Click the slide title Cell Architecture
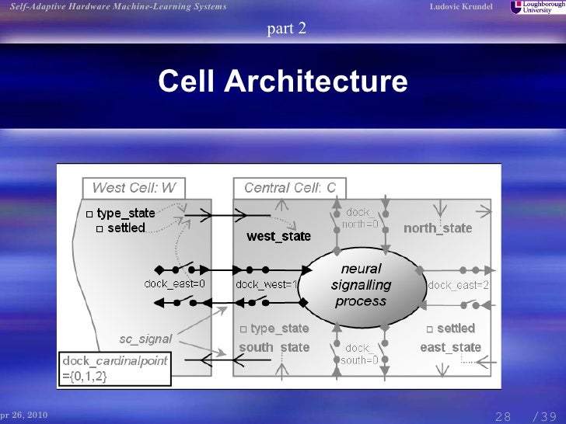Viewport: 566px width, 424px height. (282, 82)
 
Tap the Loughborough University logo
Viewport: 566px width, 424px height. (536, 8)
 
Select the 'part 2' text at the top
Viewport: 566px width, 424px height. (287, 30)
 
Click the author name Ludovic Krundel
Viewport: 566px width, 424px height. (461, 7)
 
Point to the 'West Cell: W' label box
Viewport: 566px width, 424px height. (134, 188)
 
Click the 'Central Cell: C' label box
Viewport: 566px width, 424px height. (290, 188)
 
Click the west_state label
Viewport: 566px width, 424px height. (278, 235)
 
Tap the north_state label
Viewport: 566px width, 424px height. (438, 228)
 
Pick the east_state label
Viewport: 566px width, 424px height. (450, 347)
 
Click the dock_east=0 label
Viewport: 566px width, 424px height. (174, 283)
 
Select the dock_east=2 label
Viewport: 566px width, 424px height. (459, 285)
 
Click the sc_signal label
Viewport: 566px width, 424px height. (145, 339)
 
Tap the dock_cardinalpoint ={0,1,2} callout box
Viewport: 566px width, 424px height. (115, 369)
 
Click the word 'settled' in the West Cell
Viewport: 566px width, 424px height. (126, 228)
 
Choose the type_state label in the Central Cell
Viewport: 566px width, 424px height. (279, 329)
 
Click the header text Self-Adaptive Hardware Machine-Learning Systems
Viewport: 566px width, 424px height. (117, 7)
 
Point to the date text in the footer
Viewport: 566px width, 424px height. (23, 415)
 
